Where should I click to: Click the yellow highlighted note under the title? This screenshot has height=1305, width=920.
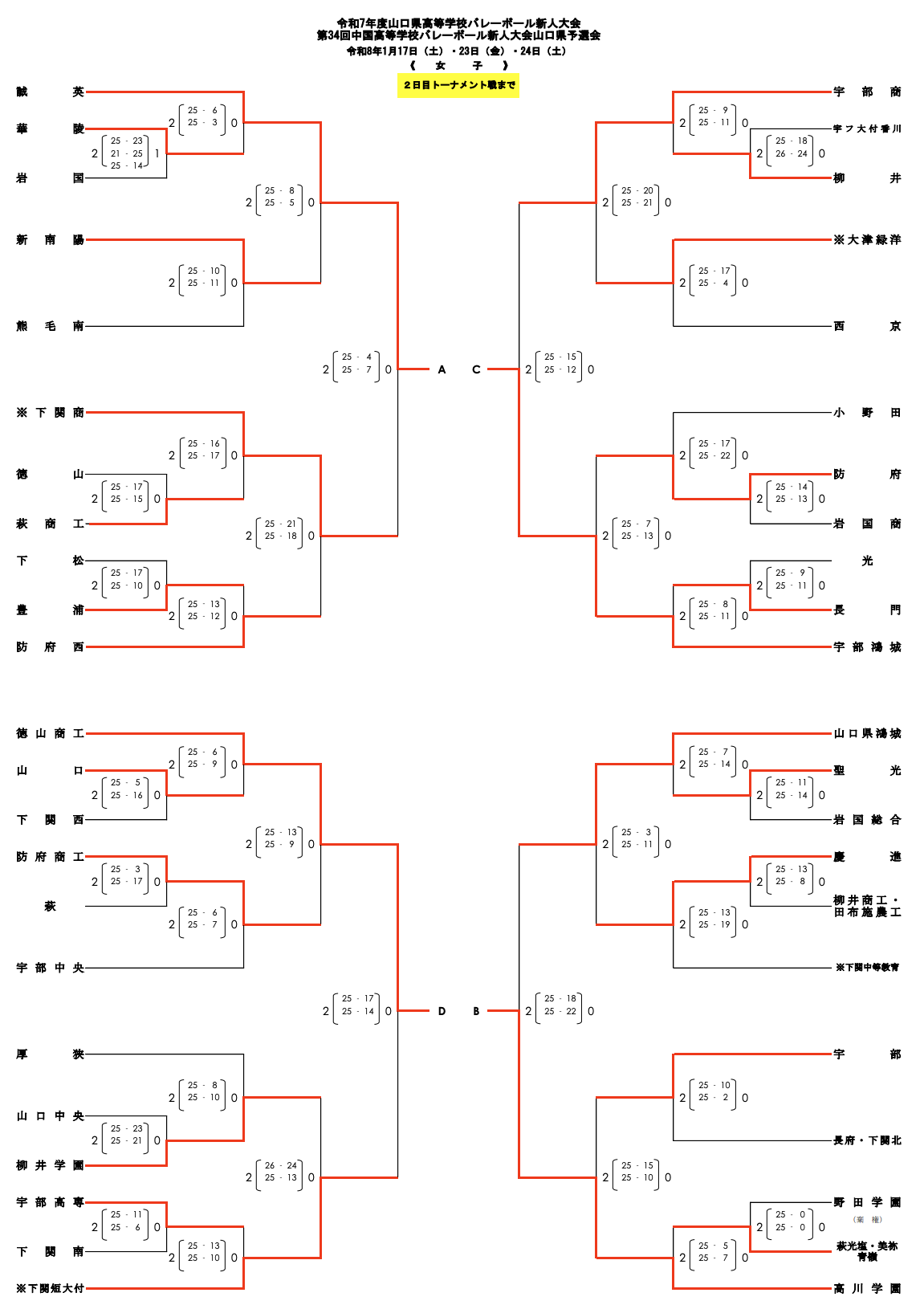[458, 85]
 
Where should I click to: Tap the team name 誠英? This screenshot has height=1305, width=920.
[50, 92]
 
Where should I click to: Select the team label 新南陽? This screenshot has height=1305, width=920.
[50, 240]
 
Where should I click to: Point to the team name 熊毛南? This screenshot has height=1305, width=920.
[50, 326]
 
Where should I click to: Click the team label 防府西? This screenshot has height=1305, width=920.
[50, 647]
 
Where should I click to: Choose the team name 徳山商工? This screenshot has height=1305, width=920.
[50, 734]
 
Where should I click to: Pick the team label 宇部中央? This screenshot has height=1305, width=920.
[50, 969]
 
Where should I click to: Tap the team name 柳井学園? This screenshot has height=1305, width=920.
[50, 1165]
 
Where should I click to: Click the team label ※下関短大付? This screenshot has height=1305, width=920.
[50, 1289]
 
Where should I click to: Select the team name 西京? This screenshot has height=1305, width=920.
[867, 326]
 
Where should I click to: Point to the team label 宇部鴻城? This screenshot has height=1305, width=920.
[867, 647]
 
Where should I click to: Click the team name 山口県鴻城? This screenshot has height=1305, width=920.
[867, 734]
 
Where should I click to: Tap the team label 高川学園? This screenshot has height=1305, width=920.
[867, 1289]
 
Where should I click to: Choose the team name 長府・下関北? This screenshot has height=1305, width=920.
[867, 1140]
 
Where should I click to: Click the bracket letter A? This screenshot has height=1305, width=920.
[442, 370]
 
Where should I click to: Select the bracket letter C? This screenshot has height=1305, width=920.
[476, 370]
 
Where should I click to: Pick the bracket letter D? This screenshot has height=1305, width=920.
[442, 1012]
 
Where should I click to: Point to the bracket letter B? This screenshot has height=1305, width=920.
[476, 1012]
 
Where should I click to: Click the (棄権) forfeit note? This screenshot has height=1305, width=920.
[867, 1220]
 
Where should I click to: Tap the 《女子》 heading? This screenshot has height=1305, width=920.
[458, 66]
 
